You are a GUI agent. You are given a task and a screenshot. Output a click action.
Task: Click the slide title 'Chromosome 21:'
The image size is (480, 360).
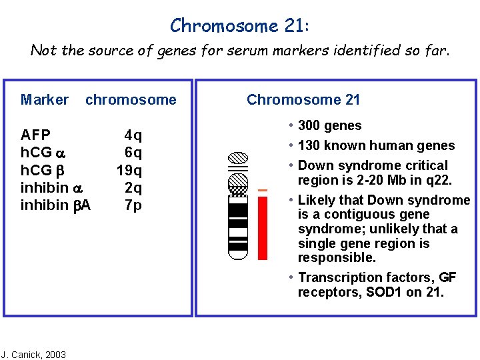point(239,25)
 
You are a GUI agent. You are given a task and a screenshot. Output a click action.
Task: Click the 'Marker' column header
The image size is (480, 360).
point(44,100)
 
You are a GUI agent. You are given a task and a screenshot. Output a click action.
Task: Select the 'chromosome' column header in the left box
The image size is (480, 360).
point(131,100)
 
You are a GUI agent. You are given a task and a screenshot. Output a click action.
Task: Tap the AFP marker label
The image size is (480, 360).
point(36,135)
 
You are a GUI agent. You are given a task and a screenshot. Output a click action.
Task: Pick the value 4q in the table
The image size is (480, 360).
point(133,136)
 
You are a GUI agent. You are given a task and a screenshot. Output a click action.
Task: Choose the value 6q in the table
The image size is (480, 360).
point(133,153)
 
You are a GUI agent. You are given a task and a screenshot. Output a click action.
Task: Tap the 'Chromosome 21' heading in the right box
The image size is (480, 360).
point(303,100)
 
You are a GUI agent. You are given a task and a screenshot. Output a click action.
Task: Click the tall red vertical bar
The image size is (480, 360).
point(263,227)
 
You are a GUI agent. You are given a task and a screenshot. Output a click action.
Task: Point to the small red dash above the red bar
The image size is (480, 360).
point(262,191)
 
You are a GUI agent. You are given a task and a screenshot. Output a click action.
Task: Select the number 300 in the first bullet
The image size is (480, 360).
point(311,126)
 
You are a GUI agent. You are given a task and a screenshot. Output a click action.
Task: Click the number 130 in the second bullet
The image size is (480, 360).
point(311,146)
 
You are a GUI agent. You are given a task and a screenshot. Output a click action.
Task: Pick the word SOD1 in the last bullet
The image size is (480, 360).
point(385,293)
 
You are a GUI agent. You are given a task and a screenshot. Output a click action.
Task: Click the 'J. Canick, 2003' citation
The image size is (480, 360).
point(33,354)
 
